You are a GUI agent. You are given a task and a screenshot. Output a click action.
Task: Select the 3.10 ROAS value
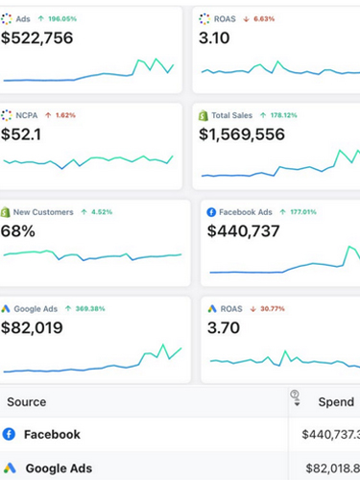pyautogui.click(x=220, y=37)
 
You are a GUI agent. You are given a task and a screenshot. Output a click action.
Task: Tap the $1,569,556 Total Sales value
pyautogui.click(x=253, y=134)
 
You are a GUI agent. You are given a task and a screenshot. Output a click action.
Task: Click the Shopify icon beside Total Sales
pyautogui.click(x=204, y=115)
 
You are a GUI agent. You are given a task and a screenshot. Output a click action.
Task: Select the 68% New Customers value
pyautogui.click(x=19, y=230)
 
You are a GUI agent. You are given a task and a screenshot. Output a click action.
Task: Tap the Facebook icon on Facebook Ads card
pyautogui.click(x=211, y=211)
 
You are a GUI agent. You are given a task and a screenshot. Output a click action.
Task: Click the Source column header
pyautogui.click(x=24, y=402)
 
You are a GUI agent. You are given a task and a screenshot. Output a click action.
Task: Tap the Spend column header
pyautogui.click(x=335, y=402)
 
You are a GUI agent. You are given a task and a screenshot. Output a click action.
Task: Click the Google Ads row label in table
pyautogui.click(x=59, y=468)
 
